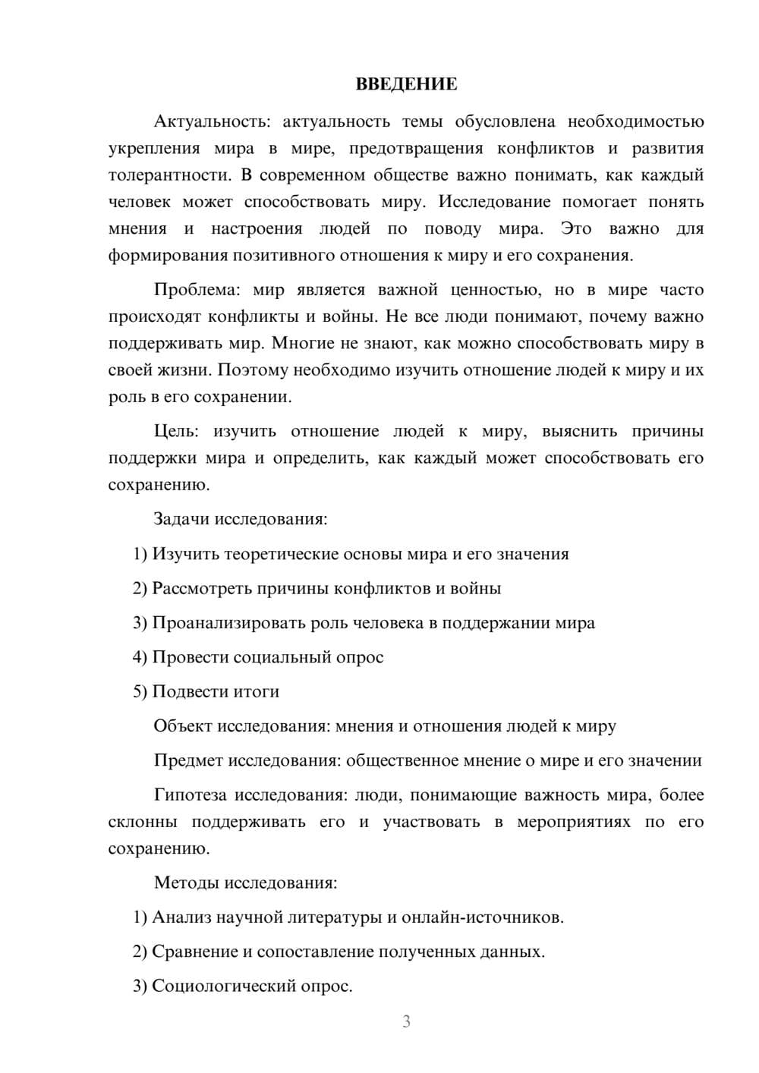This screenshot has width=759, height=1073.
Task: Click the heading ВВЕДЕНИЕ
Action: pyautogui.click(x=406, y=84)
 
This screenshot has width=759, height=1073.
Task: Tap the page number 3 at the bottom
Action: pyautogui.click(x=406, y=1021)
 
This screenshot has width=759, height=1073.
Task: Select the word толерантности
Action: pyautogui.click(x=168, y=175)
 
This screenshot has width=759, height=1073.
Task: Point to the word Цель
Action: pyautogui.click(x=176, y=431)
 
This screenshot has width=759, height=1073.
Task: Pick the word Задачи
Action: pyautogui.click(x=182, y=519)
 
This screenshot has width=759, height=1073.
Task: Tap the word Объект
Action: pyautogui.click(x=183, y=725)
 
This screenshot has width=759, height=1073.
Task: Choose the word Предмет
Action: pyautogui.click(x=188, y=760)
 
